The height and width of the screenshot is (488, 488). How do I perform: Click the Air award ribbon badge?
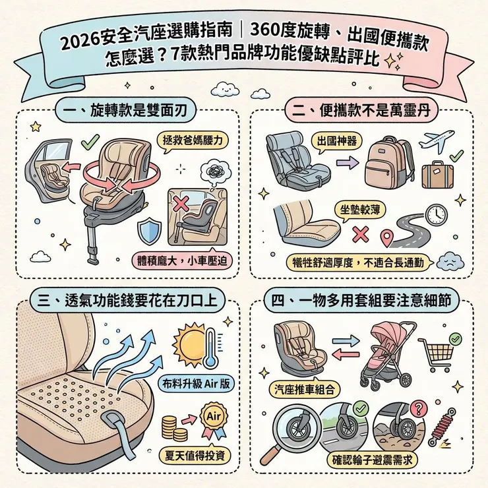pyautogui.click(x=213, y=420)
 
